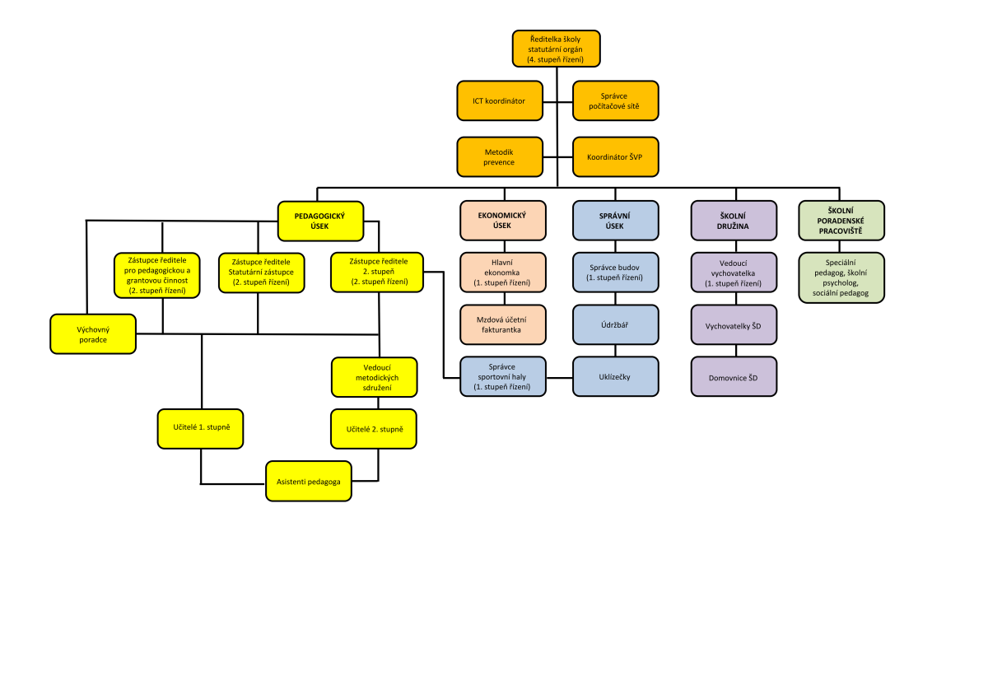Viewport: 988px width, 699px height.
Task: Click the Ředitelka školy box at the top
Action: pos(556,49)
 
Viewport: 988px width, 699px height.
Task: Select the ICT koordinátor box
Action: pos(501,100)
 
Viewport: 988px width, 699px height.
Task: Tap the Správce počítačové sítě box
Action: pos(616,100)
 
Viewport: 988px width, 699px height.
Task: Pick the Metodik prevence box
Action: pos(501,156)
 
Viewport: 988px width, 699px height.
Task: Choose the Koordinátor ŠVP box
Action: pos(616,156)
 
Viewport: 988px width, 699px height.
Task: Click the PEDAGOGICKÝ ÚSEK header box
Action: pos(319,221)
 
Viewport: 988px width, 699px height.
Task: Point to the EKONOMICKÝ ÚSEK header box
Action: pos(502,221)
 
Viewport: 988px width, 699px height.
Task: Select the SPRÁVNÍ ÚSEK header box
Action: pos(616,221)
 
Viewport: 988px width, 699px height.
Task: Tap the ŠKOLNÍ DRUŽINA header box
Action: pos(733,221)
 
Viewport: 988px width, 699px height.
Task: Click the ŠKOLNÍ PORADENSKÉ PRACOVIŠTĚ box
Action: pos(841,221)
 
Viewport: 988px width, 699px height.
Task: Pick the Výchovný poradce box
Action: pos(93,333)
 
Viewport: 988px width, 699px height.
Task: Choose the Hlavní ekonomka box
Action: pos(502,273)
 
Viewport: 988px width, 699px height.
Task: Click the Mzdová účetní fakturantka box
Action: pos(502,324)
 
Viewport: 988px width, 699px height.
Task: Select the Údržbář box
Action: pos(616,324)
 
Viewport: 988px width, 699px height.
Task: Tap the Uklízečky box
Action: pos(616,377)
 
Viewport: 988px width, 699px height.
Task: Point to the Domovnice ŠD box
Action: pos(733,377)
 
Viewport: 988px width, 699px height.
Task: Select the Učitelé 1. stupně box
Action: pos(201,428)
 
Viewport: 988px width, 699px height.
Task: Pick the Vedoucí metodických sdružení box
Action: pos(377,377)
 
